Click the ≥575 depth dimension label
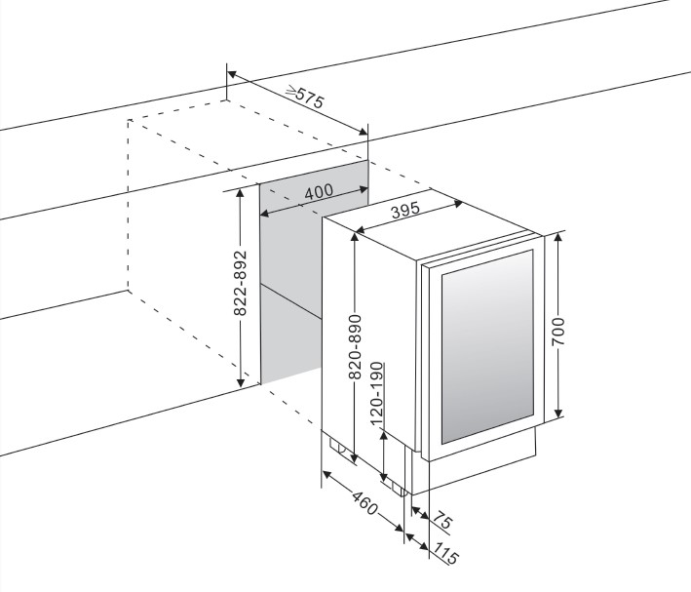(306, 96)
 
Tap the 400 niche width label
(319, 191)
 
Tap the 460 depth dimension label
(364, 507)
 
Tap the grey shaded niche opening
(290, 283)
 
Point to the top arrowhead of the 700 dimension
(558, 237)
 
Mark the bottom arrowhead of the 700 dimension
(558, 414)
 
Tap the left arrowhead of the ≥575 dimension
(231, 72)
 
